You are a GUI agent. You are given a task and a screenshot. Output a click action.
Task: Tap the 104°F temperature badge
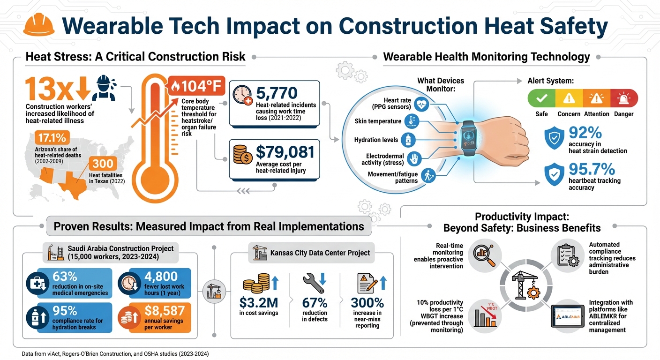(x=197, y=86)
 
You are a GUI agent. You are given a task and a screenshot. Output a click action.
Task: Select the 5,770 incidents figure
(x=277, y=92)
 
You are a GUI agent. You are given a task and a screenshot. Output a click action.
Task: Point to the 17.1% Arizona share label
(x=52, y=137)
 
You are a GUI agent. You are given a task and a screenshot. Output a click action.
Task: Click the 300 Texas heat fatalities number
(x=102, y=164)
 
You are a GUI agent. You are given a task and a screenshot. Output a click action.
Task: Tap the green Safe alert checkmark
(x=541, y=98)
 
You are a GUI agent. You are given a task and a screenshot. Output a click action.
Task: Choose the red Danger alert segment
(x=624, y=98)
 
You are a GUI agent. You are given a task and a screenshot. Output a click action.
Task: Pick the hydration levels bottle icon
(x=408, y=140)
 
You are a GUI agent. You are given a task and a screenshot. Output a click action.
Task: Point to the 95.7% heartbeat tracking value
(x=592, y=169)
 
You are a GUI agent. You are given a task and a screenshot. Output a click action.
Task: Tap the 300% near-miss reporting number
(x=367, y=303)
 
